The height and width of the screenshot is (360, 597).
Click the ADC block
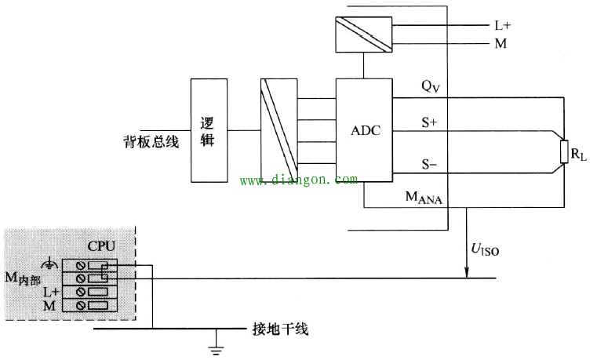pyautogui.click(x=364, y=130)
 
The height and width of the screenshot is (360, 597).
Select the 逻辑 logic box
pyautogui.click(x=209, y=130)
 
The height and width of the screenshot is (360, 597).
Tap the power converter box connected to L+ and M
pyautogui.click(x=363, y=35)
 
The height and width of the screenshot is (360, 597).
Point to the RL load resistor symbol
pyautogui.click(x=564, y=152)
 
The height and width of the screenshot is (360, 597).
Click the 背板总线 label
pyautogui.click(x=151, y=142)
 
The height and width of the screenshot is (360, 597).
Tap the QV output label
pyautogui.click(x=430, y=86)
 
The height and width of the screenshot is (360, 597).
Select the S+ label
pyautogui.click(x=429, y=122)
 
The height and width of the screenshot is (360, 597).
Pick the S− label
pyautogui.click(x=429, y=165)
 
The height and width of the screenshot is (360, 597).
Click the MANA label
pyautogui.click(x=424, y=198)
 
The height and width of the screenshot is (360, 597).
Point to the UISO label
pyautogui.click(x=485, y=249)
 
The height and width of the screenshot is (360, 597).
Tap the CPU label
pyautogui.click(x=101, y=246)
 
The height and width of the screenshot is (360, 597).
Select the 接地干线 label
pyautogui.click(x=280, y=329)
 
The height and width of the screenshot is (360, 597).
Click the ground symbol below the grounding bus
pyautogui.click(x=217, y=349)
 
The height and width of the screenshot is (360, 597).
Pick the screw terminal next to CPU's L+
pyautogui.click(x=80, y=292)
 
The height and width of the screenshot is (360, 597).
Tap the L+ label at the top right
pyautogui.click(x=503, y=26)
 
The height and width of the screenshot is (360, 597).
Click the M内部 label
pyautogui.click(x=23, y=278)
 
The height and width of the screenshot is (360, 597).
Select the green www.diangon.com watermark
pyautogui.click(x=298, y=180)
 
